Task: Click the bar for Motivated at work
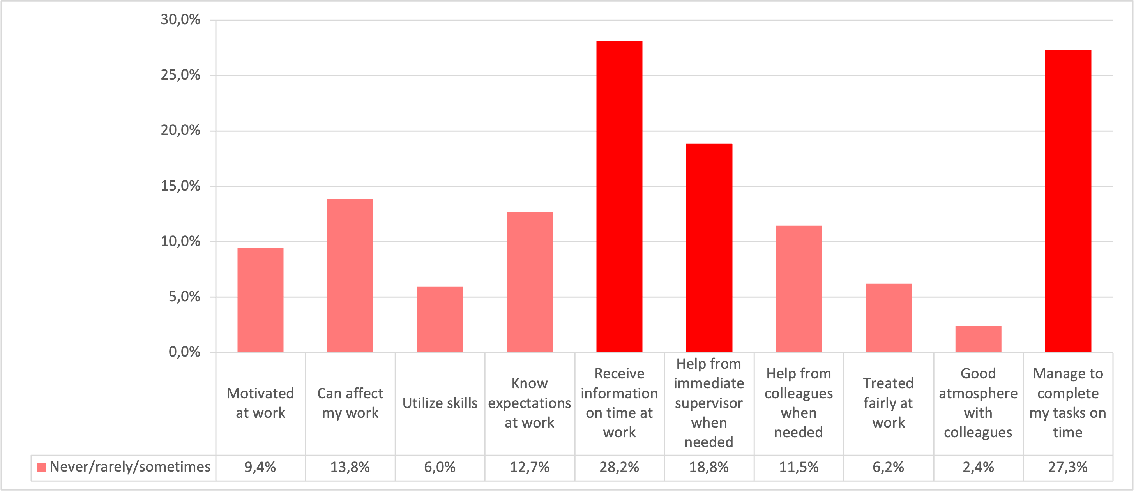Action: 260,300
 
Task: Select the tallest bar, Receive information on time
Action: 619,197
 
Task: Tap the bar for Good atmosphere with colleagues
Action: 978,339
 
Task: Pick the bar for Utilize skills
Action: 440,320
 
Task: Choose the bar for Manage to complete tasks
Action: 1068,201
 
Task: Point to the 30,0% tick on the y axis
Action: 180,20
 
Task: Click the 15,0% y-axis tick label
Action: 180,186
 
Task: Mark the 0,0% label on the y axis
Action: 184,352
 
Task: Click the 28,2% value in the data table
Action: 619,467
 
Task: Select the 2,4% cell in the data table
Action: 978,467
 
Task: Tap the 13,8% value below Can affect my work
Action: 350,467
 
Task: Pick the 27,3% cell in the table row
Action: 1068,467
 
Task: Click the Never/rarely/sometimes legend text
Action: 130,467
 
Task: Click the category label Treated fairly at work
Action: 888,403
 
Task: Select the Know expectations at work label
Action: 529,403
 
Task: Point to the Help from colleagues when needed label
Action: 798,403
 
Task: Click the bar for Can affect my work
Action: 350,276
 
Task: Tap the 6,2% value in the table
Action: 888,467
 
